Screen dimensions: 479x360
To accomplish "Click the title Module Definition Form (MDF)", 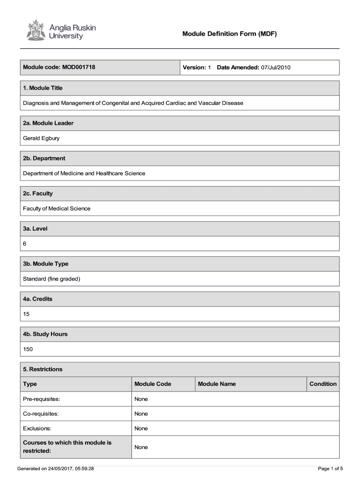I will (230, 34).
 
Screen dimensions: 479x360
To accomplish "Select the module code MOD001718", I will (79, 67).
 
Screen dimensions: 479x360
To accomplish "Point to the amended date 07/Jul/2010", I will (276, 68).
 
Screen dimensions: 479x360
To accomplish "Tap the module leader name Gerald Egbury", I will (41, 138).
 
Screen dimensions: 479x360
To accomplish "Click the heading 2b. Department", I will (44, 158).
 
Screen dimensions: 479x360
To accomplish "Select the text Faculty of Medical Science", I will (57, 209).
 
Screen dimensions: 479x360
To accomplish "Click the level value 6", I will (25, 244).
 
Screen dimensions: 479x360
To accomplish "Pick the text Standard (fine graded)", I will (51, 279).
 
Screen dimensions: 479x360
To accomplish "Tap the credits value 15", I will (27, 314).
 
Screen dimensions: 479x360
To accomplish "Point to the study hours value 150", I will (28, 349).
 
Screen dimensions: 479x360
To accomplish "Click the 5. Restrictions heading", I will (43, 369).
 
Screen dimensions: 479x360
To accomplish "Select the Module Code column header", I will (152, 384).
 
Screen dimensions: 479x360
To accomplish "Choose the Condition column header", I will (323, 384).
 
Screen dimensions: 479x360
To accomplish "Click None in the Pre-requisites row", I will (141, 399).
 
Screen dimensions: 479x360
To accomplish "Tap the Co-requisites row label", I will (41, 414).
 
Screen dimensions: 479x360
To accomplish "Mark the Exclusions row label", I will (37, 428).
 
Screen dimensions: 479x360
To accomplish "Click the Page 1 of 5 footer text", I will (330, 468).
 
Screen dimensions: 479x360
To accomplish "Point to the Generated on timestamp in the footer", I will (56, 468).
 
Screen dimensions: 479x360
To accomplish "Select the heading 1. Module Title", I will (43, 88).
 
